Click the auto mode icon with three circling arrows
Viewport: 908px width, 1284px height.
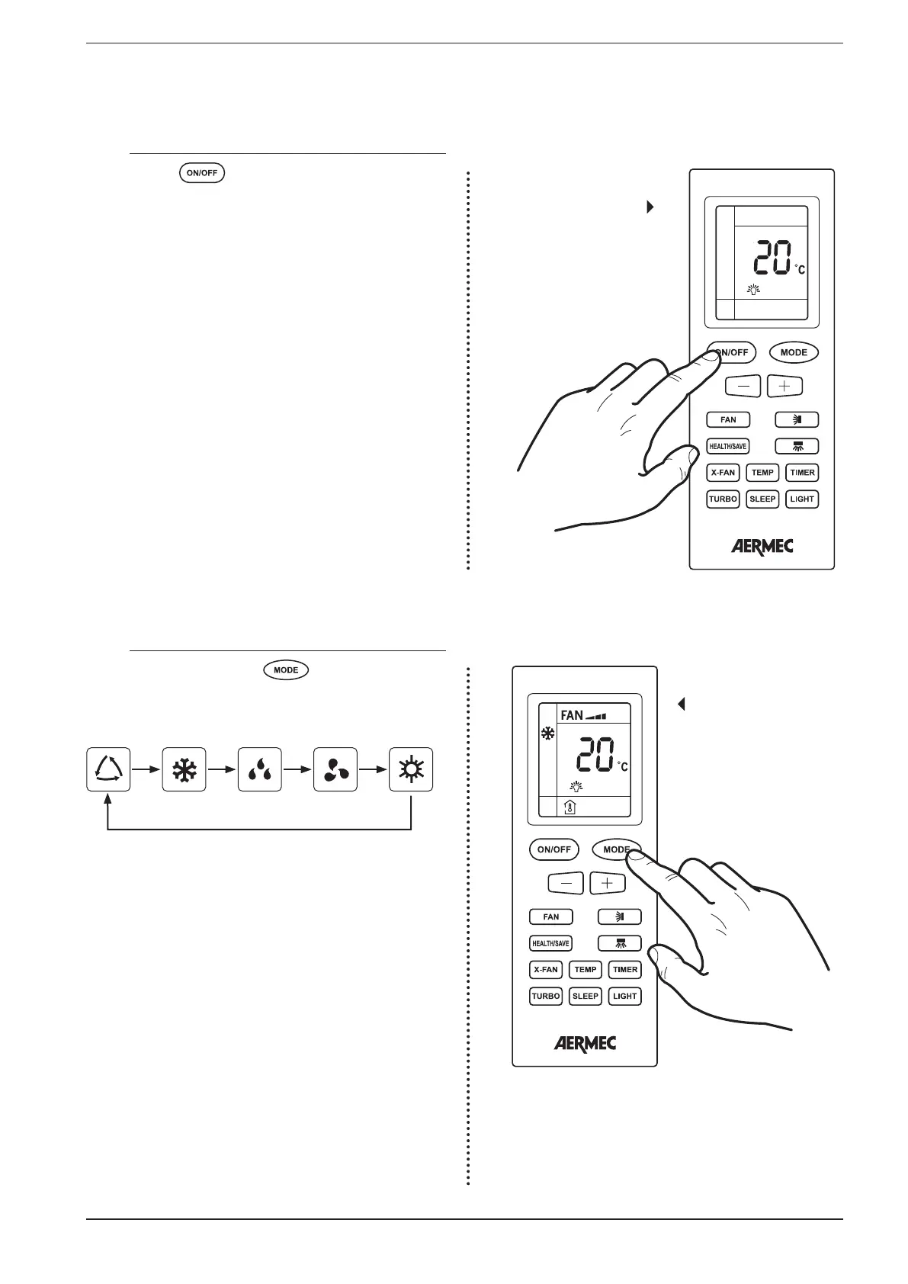(x=108, y=769)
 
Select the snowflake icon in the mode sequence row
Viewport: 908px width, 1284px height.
(x=184, y=769)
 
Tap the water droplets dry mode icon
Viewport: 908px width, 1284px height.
(x=260, y=769)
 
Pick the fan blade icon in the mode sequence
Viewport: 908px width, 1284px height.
(x=335, y=769)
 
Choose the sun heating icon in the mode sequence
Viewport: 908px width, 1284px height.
(x=411, y=769)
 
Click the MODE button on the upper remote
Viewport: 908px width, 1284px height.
(x=794, y=352)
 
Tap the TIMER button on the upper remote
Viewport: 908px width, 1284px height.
(x=802, y=473)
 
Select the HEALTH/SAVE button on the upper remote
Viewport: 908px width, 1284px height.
(x=728, y=446)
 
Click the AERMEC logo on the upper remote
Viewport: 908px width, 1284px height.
(x=762, y=546)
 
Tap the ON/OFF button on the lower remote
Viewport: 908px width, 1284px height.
(x=554, y=849)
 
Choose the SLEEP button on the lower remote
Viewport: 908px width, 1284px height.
(x=586, y=996)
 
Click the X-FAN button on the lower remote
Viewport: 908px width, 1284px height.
(x=546, y=970)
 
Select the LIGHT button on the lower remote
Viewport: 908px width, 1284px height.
(x=625, y=996)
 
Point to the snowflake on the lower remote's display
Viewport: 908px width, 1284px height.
(x=547, y=734)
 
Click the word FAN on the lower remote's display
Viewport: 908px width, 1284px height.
(x=572, y=715)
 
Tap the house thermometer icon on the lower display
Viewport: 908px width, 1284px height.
(x=570, y=808)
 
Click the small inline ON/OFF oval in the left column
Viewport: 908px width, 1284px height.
(x=202, y=173)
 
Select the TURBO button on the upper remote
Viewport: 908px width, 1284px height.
(x=723, y=499)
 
